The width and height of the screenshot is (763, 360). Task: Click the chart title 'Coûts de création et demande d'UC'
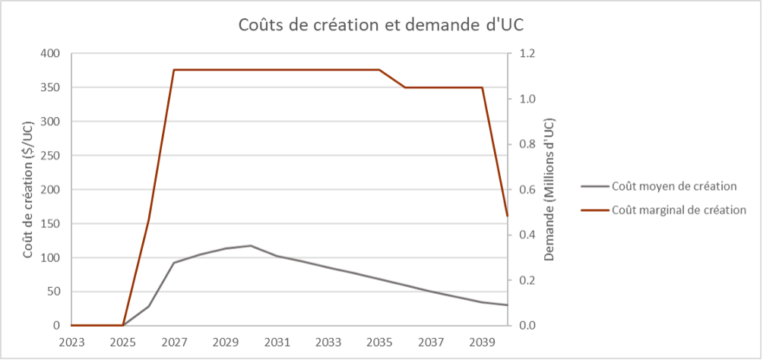point(381,24)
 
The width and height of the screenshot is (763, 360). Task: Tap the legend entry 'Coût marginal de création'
point(679,210)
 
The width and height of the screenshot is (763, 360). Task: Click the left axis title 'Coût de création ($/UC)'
point(28,189)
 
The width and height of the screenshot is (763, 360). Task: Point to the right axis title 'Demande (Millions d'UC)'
point(551,190)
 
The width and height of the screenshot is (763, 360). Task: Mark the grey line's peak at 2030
point(251,245)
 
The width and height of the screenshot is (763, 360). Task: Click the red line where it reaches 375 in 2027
point(174,70)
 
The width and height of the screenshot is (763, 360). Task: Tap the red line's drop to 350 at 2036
point(405,87)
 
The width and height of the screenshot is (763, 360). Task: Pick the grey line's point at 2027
point(174,263)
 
